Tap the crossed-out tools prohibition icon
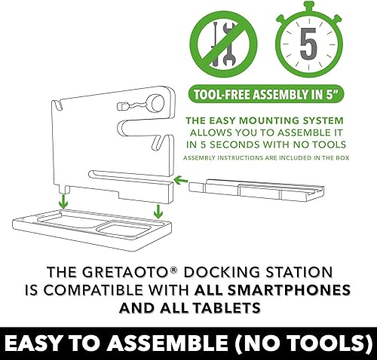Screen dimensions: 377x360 coord(223,44)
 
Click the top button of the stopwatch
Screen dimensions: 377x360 coord(309,6)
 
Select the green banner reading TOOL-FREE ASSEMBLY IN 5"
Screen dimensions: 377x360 coord(266,95)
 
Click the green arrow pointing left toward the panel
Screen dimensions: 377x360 coord(181,180)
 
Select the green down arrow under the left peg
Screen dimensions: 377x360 coord(64,201)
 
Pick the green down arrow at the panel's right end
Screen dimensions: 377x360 coord(158,212)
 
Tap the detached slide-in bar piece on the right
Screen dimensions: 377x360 coord(256,191)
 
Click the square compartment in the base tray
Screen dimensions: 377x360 coord(124,228)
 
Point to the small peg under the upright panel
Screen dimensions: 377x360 coord(65,189)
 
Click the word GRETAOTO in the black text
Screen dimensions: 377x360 coord(126,272)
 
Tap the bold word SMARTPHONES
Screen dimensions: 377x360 coord(272,290)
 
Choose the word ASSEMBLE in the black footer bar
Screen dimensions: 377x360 coord(167,343)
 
